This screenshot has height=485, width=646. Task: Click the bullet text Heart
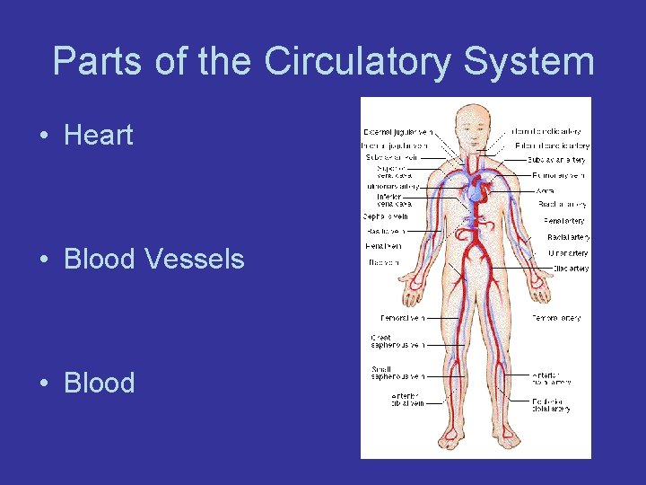(x=99, y=136)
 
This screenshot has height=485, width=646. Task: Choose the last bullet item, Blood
(x=99, y=384)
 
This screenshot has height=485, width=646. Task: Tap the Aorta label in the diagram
(x=544, y=190)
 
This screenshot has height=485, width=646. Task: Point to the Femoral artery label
(x=556, y=318)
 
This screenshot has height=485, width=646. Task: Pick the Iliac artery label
(x=570, y=269)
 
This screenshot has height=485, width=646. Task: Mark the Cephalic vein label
(x=386, y=216)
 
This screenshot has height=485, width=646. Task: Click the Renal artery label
(x=563, y=221)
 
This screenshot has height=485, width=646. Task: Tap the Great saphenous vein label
(x=397, y=341)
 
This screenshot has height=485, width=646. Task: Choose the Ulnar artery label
(x=568, y=253)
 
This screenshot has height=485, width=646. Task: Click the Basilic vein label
(x=383, y=232)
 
